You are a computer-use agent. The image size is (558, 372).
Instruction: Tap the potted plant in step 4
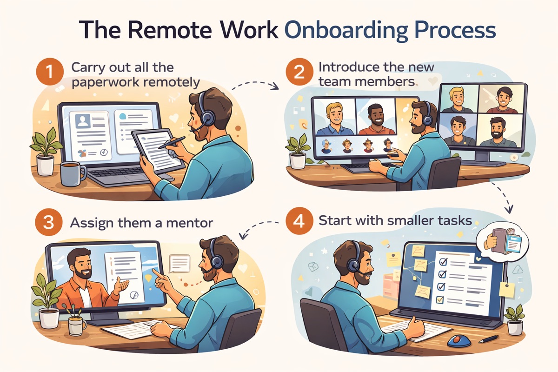click(x=515, y=319)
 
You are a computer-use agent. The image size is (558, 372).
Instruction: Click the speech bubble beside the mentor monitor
click(x=179, y=264)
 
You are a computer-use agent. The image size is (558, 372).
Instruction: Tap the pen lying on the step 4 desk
click(x=488, y=339)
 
